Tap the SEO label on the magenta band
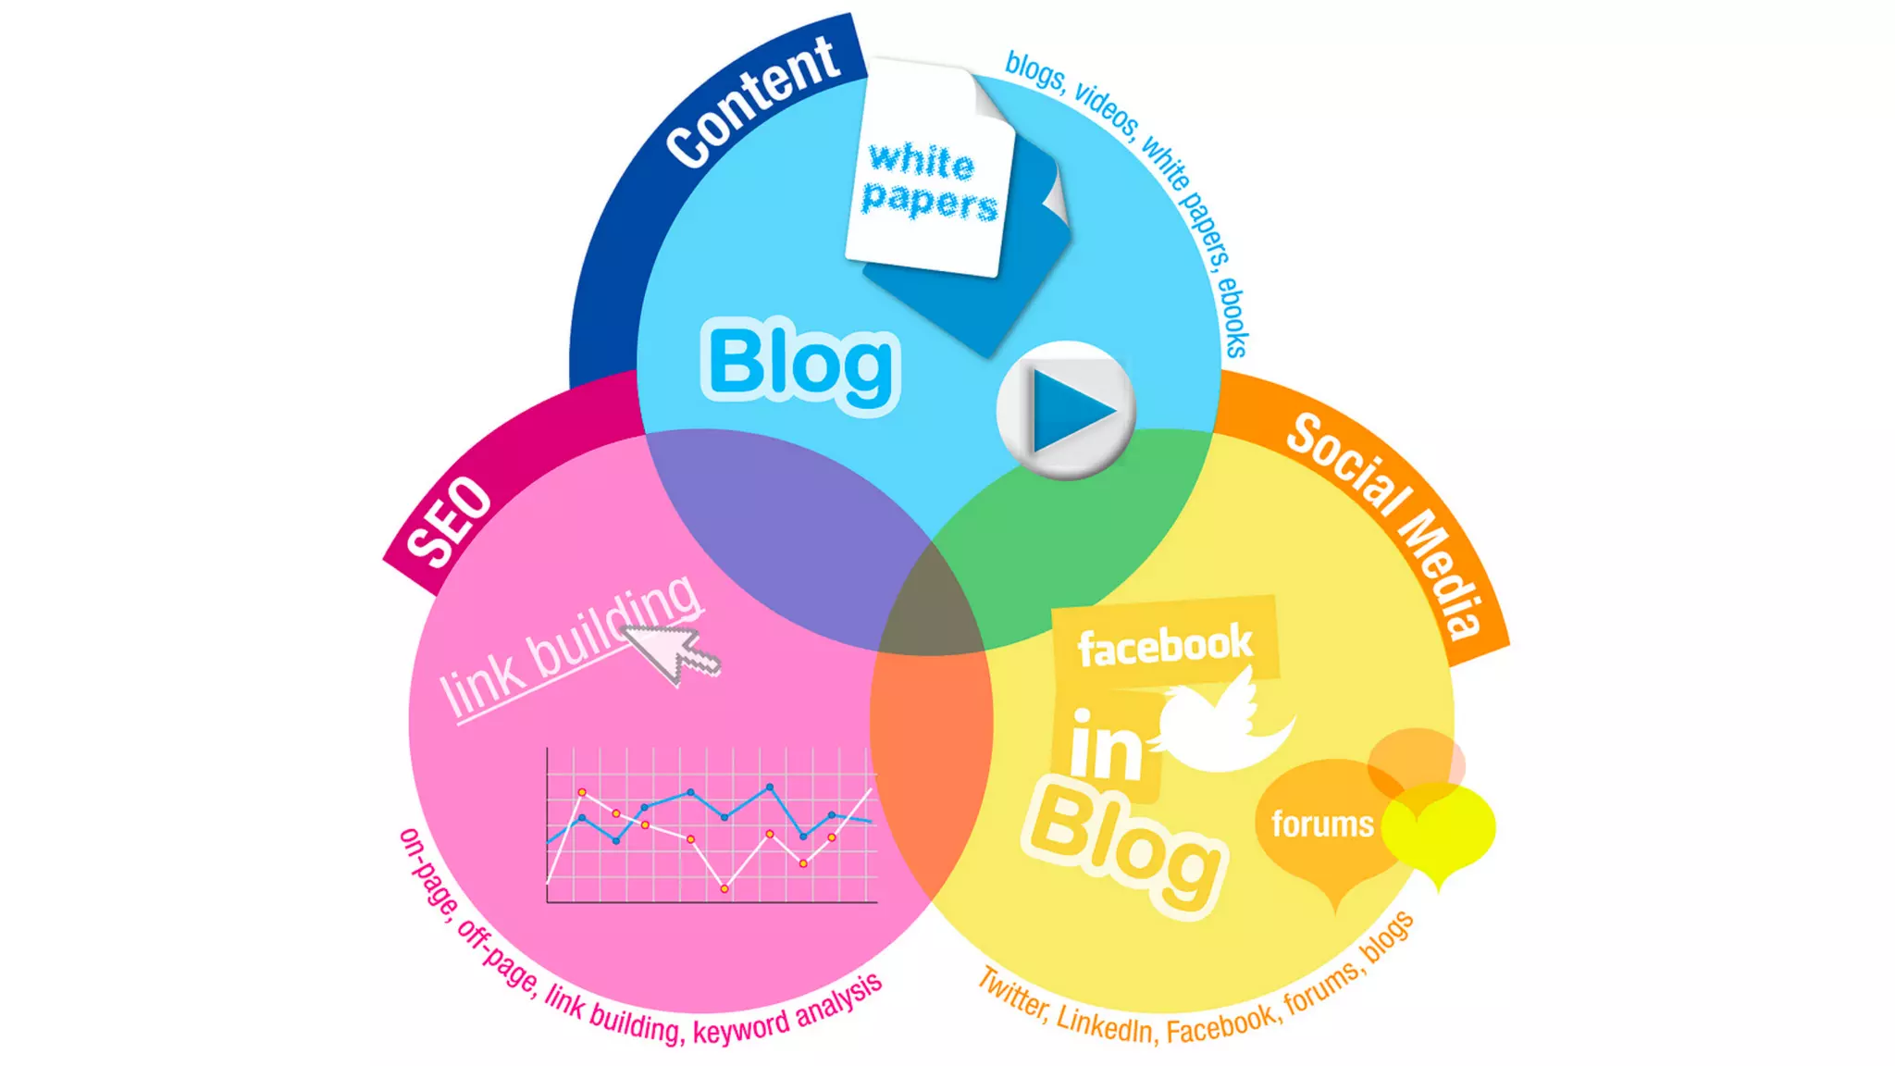(450, 522)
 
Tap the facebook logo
(1165, 644)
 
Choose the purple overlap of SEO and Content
(786, 527)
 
